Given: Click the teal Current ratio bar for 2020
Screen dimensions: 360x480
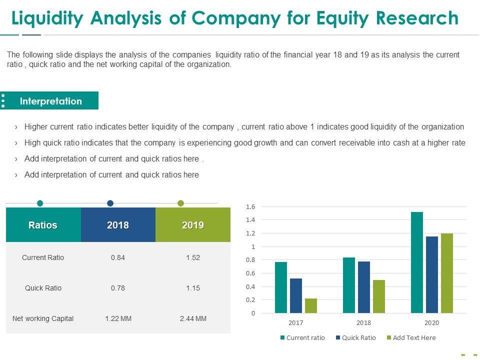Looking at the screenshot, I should click(x=417, y=262).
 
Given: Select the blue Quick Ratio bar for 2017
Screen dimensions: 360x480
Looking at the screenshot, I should click(x=296, y=295).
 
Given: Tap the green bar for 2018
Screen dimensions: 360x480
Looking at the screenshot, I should click(x=379, y=296).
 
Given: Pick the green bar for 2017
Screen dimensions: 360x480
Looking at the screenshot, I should click(x=311, y=305).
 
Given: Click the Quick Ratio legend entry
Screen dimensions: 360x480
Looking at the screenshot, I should click(x=355, y=337).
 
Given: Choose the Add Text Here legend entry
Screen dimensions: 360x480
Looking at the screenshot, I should click(x=410, y=337).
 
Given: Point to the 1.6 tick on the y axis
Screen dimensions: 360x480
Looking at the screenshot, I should click(x=250, y=206).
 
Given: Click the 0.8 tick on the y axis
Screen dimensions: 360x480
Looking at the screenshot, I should click(x=250, y=260).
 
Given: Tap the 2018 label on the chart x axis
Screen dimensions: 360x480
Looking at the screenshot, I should click(x=364, y=323).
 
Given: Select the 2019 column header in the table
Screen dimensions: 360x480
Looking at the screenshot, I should click(x=193, y=225).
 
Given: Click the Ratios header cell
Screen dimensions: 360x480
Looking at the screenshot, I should click(x=43, y=225).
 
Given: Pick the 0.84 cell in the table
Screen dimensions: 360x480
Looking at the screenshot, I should click(x=118, y=257).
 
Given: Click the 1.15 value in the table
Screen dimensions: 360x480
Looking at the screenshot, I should click(x=193, y=288).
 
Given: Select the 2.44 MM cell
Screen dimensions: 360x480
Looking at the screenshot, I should click(x=193, y=318).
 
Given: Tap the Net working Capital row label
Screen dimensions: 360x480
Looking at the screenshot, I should click(x=43, y=318).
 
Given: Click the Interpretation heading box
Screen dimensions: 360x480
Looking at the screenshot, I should click(x=51, y=101).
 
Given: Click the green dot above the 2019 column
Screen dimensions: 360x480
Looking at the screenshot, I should click(x=181, y=203).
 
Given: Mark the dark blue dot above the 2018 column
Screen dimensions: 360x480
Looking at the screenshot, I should click(x=110, y=203).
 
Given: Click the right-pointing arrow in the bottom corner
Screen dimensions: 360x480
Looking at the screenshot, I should click(x=474, y=355).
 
